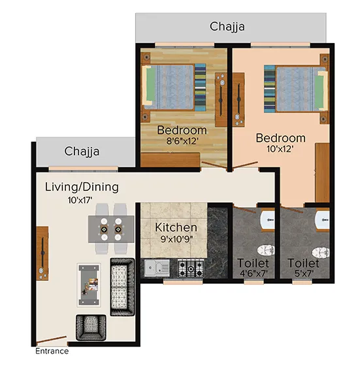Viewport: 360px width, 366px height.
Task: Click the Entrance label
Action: click(x=52, y=351)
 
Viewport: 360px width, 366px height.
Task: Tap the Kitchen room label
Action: click(x=176, y=227)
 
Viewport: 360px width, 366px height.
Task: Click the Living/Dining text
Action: click(x=82, y=187)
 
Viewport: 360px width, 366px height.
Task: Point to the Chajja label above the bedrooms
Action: click(x=228, y=27)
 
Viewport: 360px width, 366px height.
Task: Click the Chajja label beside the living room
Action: click(x=82, y=152)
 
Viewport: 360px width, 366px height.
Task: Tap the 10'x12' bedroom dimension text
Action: click(x=279, y=150)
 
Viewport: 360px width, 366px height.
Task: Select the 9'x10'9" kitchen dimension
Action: click(x=176, y=240)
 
